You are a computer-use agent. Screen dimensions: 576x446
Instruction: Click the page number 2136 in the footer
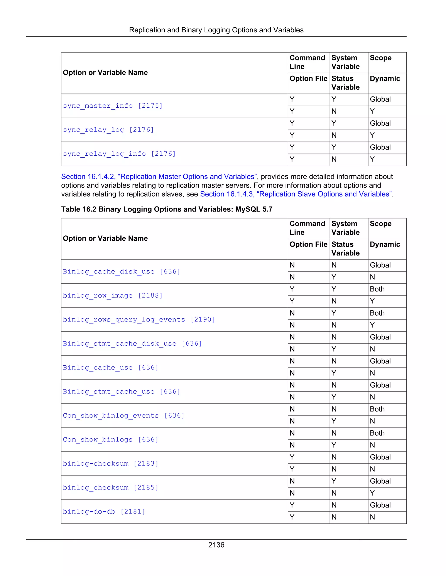216,545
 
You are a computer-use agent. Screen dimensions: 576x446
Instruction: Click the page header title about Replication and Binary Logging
216,30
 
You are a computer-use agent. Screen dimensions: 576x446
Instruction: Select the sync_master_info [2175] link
113,106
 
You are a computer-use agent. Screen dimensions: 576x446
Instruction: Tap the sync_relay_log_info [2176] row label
119,154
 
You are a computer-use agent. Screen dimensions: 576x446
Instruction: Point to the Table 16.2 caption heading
167,209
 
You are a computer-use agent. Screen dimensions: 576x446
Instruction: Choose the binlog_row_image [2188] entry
113,296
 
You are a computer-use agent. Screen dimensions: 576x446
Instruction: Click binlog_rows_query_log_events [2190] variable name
139,320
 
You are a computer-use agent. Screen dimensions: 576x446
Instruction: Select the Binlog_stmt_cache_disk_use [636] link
132,344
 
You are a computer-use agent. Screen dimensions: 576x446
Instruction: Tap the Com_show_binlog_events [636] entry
123,416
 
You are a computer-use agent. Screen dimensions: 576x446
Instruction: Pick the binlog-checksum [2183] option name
110,464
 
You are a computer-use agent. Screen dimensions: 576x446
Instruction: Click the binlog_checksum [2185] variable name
110,488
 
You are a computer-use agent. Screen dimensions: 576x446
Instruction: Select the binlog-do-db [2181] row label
104,512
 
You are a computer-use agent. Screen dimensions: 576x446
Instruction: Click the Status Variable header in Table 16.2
345,249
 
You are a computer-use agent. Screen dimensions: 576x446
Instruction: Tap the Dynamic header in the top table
385,79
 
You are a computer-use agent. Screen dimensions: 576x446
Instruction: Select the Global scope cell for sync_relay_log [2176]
380,123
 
